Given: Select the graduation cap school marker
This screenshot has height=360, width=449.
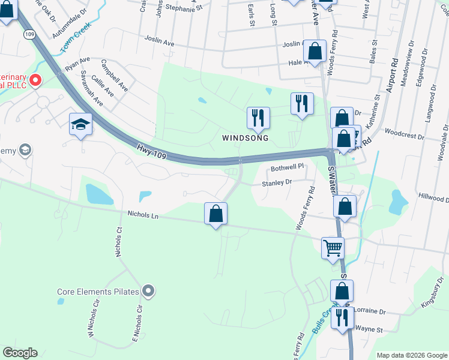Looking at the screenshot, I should tap(81, 125).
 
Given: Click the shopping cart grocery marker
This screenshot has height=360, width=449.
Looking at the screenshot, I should tap(333, 247).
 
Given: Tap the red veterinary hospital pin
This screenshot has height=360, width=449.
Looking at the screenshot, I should tap(35, 80).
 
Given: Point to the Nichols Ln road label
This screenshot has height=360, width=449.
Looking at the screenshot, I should tap(143, 214).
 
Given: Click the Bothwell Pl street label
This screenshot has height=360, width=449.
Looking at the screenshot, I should tap(288, 170).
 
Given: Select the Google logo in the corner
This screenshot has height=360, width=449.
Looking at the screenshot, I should tap(20, 353).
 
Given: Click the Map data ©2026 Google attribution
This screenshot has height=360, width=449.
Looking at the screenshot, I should tap(412, 355).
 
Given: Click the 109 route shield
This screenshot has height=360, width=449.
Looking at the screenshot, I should tap(29, 35).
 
